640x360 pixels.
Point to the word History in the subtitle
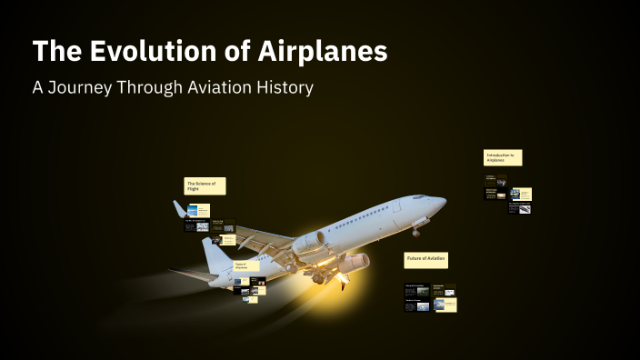[282, 88]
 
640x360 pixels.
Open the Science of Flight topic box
[205, 185]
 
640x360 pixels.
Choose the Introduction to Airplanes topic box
[503, 158]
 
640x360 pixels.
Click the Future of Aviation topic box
[425, 260]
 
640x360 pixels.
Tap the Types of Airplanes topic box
[245, 266]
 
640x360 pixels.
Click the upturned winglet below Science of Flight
[180, 210]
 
